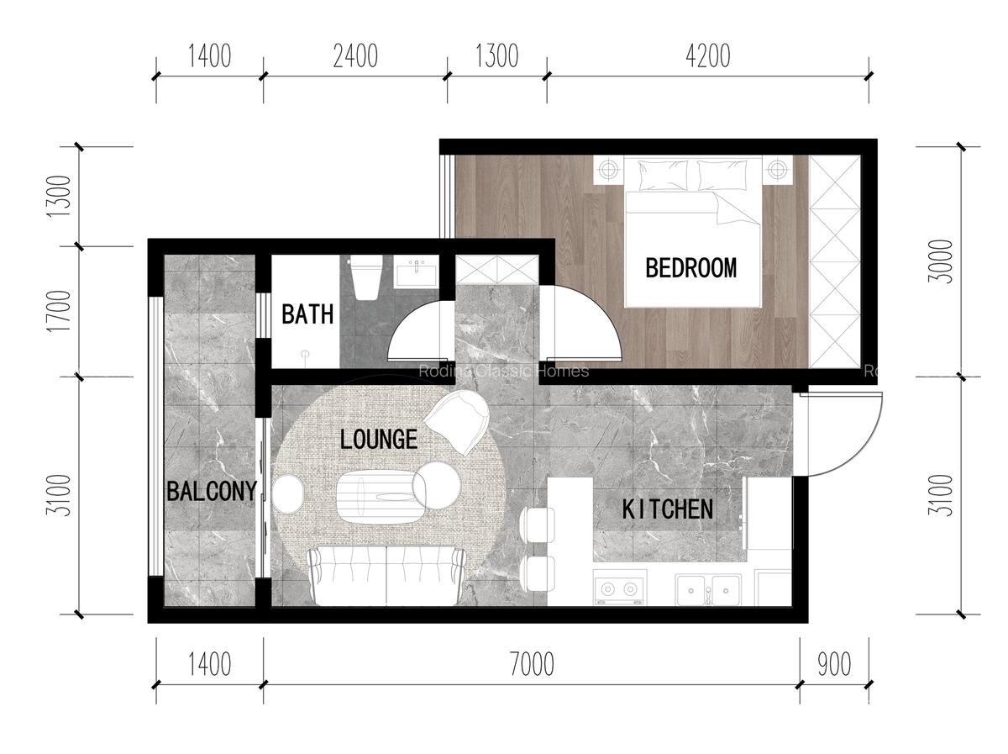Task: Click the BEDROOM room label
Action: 690,268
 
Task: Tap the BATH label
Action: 307,315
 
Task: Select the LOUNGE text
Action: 378,440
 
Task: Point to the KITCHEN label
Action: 668,509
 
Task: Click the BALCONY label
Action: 211,492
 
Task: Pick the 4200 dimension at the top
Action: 707,56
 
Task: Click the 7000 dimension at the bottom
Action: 531,665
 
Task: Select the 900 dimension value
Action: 833,665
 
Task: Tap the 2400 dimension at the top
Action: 354,56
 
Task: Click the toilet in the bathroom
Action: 366,277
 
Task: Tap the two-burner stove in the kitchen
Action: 620,588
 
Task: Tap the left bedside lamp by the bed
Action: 607,170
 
